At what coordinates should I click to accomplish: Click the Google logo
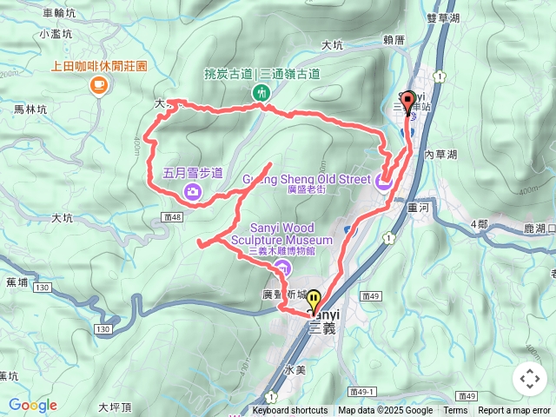[x=32, y=405]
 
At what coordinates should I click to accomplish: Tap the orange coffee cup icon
[x=98, y=84]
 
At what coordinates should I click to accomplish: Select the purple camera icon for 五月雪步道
[x=192, y=191]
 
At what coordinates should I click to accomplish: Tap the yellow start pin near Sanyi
[x=312, y=301]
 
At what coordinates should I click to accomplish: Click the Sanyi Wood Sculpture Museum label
[x=291, y=234]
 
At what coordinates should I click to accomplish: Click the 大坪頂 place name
[x=114, y=406]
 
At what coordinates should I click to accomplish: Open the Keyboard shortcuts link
[x=289, y=411]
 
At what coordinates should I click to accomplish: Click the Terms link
[x=455, y=411]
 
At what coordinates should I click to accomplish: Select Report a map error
[x=514, y=411]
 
